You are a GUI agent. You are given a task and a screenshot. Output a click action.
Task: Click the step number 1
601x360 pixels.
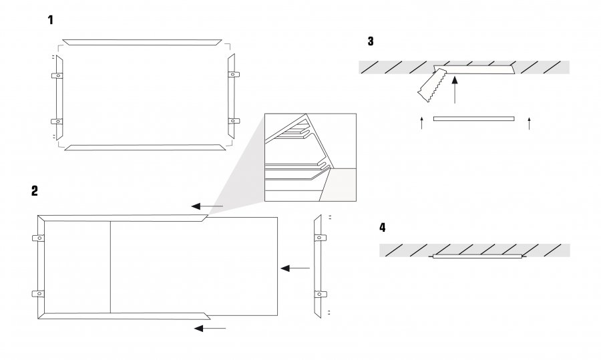(x=51, y=21)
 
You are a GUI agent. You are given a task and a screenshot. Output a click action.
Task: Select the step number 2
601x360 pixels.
(x=34, y=190)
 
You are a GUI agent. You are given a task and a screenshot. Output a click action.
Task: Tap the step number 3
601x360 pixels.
(x=371, y=41)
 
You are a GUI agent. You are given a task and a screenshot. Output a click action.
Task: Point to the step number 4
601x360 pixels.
(x=382, y=228)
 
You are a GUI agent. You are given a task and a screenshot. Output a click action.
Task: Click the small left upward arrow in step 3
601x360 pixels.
(x=421, y=122)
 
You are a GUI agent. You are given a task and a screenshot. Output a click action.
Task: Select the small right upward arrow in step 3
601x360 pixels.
(x=529, y=122)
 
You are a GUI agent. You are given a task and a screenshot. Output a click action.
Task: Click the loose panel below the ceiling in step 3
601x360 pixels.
(x=474, y=119)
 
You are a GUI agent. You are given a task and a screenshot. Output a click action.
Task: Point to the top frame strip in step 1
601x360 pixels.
(x=144, y=41)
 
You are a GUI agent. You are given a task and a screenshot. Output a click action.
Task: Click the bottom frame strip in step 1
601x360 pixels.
(x=144, y=146)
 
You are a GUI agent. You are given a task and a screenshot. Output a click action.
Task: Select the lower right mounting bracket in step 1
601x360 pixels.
(x=234, y=121)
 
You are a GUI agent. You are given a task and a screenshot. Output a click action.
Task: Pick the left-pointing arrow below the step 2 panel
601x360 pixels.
(x=210, y=328)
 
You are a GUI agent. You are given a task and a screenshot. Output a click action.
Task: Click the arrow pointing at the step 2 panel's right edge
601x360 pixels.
(x=295, y=268)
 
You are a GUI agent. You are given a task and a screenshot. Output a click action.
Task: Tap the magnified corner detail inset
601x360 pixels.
(x=310, y=158)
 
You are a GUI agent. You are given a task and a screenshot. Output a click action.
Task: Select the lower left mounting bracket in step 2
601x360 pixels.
(x=38, y=294)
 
